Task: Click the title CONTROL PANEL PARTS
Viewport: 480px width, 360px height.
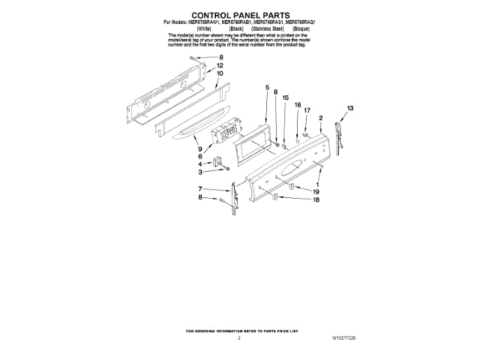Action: [239, 14]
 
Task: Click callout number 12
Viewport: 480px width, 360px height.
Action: [220, 66]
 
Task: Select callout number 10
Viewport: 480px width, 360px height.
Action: [220, 74]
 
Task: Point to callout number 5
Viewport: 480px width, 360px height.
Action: [266, 88]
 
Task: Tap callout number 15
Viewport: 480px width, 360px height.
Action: [285, 98]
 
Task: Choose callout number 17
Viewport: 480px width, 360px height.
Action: [307, 110]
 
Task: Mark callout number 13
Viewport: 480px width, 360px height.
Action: [350, 109]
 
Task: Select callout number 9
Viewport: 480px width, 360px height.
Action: [200, 148]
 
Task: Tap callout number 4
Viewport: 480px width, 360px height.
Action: [200, 163]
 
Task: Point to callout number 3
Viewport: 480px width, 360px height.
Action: [200, 172]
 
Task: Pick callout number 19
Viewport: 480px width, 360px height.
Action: [316, 192]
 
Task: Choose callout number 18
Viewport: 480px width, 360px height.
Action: [316, 200]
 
